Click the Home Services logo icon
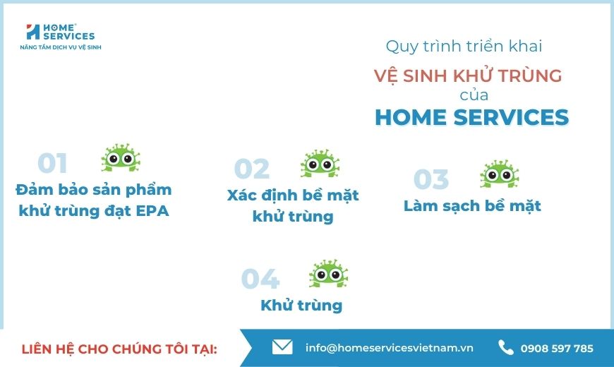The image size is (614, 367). tap(33, 32)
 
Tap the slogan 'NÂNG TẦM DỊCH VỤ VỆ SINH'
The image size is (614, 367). tap(61, 47)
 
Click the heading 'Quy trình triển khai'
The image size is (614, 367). tap(464, 46)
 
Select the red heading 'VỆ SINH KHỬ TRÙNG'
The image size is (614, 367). tap(468, 75)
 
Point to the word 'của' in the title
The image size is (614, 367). tap(474, 95)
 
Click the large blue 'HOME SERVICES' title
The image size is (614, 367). tap(472, 117)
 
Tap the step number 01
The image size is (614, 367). tap(52, 163)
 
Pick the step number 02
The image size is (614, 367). tap(252, 169)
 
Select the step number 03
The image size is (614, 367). tap(431, 179)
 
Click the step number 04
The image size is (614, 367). tap(260, 279)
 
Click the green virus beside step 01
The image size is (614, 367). tap(121, 157)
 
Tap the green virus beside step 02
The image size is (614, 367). tap(320, 163)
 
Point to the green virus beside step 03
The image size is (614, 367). tap(499, 174)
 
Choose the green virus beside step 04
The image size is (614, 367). tap(328, 273)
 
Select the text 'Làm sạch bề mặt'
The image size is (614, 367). tap(472, 206)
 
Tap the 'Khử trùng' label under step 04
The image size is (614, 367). tap(301, 306)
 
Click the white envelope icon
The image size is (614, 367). tap(282, 347)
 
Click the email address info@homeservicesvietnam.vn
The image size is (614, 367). tap(390, 348)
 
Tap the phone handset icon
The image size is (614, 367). tap(505, 347)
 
